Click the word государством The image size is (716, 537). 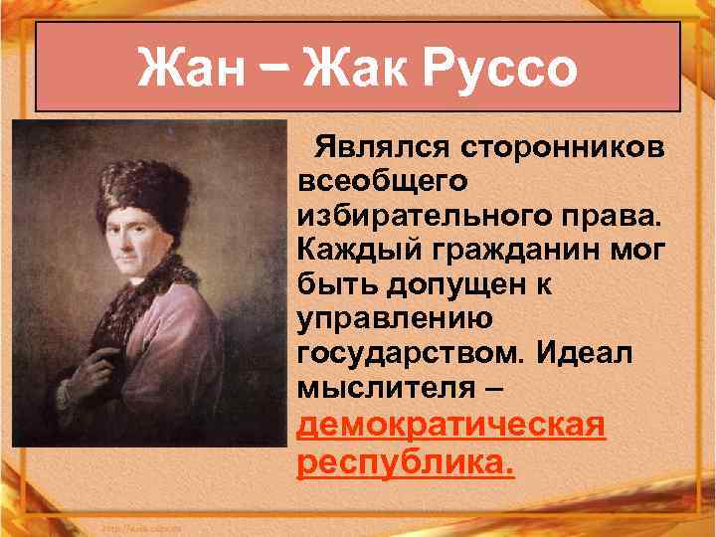click(x=408, y=352)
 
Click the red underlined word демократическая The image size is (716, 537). click(x=451, y=426)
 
